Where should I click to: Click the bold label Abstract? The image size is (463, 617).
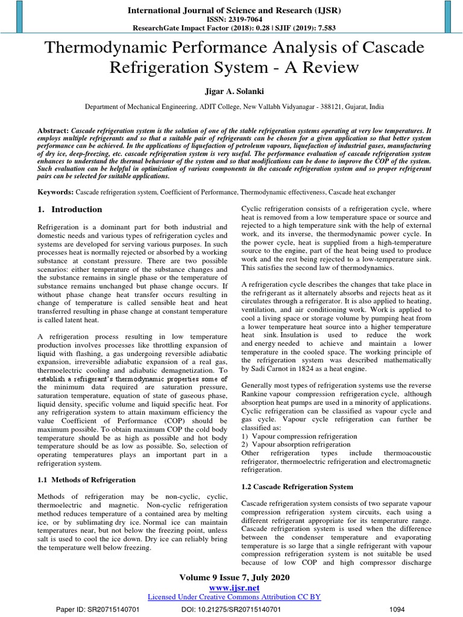coord(52,130)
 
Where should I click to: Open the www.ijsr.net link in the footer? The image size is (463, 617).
coord(235,587)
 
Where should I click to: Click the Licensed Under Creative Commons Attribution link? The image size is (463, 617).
coord(235,597)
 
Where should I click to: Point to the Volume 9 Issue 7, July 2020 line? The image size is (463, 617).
coord(235,577)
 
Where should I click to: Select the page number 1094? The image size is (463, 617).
coord(398,609)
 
